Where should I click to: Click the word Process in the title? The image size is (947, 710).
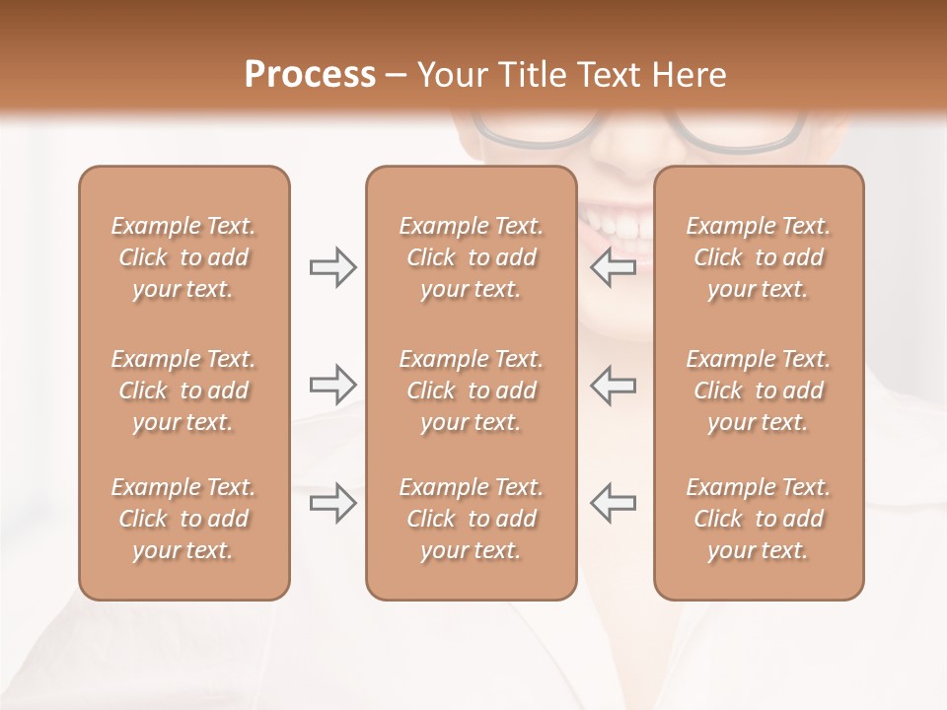[x=310, y=75]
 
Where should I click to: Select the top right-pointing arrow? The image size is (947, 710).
[x=332, y=267]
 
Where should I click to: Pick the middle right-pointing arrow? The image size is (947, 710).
[x=332, y=384]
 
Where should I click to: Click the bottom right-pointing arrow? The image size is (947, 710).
[x=332, y=503]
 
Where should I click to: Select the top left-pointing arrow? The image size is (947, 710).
[x=614, y=267]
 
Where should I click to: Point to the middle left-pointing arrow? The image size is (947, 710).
[x=614, y=384]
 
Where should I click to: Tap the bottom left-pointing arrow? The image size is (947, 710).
[x=614, y=503]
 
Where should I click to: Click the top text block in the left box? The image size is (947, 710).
[x=183, y=257]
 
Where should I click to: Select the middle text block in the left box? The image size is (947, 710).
[x=183, y=390]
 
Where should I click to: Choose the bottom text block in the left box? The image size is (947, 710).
[x=183, y=519]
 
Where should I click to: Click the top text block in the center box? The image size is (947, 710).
[x=471, y=257]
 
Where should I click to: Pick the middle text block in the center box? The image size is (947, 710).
[x=471, y=390]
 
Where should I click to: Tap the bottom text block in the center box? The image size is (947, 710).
[x=471, y=519]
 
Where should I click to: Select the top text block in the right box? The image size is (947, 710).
[x=758, y=257]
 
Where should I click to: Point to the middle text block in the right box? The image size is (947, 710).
[x=758, y=390]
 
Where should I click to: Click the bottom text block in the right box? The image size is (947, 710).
[x=758, y=519]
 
